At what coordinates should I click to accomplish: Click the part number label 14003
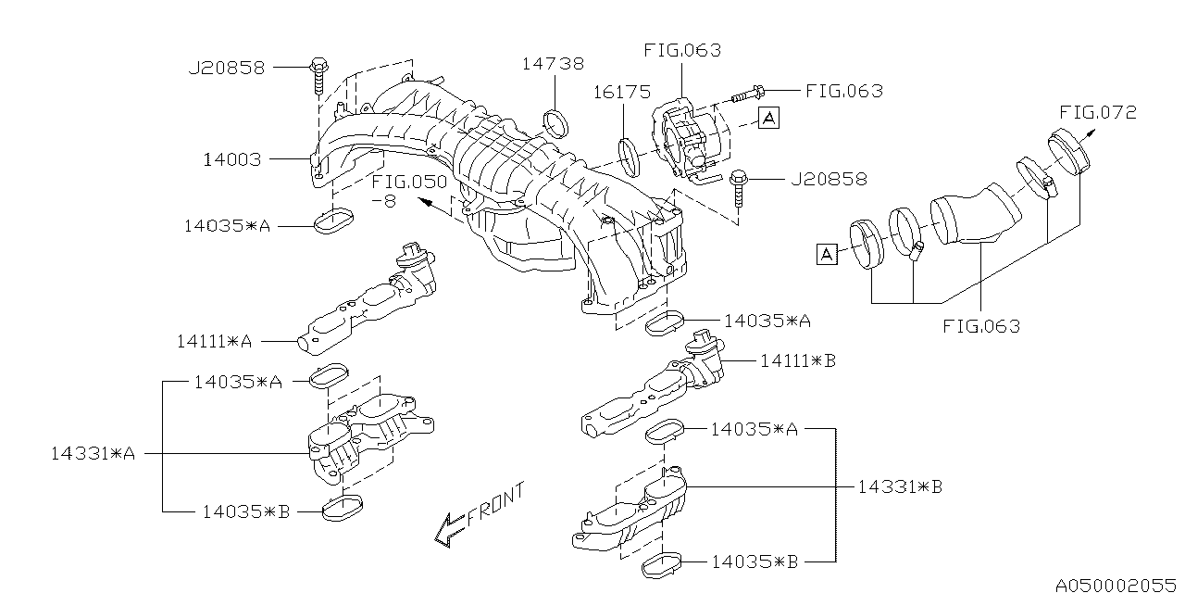[231, 159]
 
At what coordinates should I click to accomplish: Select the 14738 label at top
[553, 64]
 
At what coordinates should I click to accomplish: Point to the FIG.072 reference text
[1098, 113]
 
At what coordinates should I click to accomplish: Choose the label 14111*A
[214, 341]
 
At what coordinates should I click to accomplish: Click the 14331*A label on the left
[93, 454]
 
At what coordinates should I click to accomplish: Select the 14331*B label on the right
[900, 486]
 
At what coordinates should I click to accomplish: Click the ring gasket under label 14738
[555, 120]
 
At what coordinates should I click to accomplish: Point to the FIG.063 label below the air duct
[981, 326]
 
